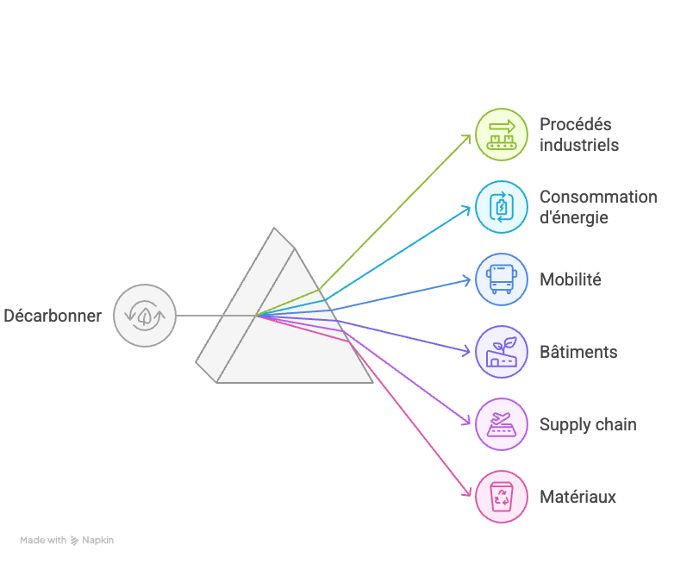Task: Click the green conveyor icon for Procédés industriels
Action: coord(502,135)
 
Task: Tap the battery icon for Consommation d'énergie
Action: coord(502,207)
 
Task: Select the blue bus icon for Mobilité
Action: coord(502,279)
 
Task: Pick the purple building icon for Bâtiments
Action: coord(502,352)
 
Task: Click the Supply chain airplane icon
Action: coord(502,424)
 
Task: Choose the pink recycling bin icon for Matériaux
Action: coord(502,497)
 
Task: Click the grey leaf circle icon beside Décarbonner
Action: coord(145,316)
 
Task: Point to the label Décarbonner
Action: coord(53,316)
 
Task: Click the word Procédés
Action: coord(575,124)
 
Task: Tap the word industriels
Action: coord(578,145)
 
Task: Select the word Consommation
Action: coord(598,197)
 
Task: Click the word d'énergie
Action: coord(573,217)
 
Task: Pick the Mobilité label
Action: coord(570,279)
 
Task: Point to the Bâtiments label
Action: coord(577,352)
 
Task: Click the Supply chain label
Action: coord(588,424)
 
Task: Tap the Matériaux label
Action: coord(577,497)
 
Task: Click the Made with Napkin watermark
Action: coord(67,540)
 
